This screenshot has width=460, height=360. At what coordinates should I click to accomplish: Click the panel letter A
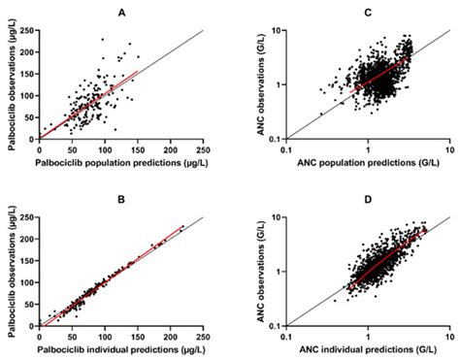[120, 12]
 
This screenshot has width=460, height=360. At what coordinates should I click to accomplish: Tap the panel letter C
[365, 12]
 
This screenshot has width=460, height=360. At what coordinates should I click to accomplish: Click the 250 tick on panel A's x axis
[203, 149]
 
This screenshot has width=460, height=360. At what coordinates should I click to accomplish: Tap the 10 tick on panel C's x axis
[448, 149]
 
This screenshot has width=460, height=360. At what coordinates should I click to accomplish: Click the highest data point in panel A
[103, 40]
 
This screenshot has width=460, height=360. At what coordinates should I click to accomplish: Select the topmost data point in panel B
[182, 226]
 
